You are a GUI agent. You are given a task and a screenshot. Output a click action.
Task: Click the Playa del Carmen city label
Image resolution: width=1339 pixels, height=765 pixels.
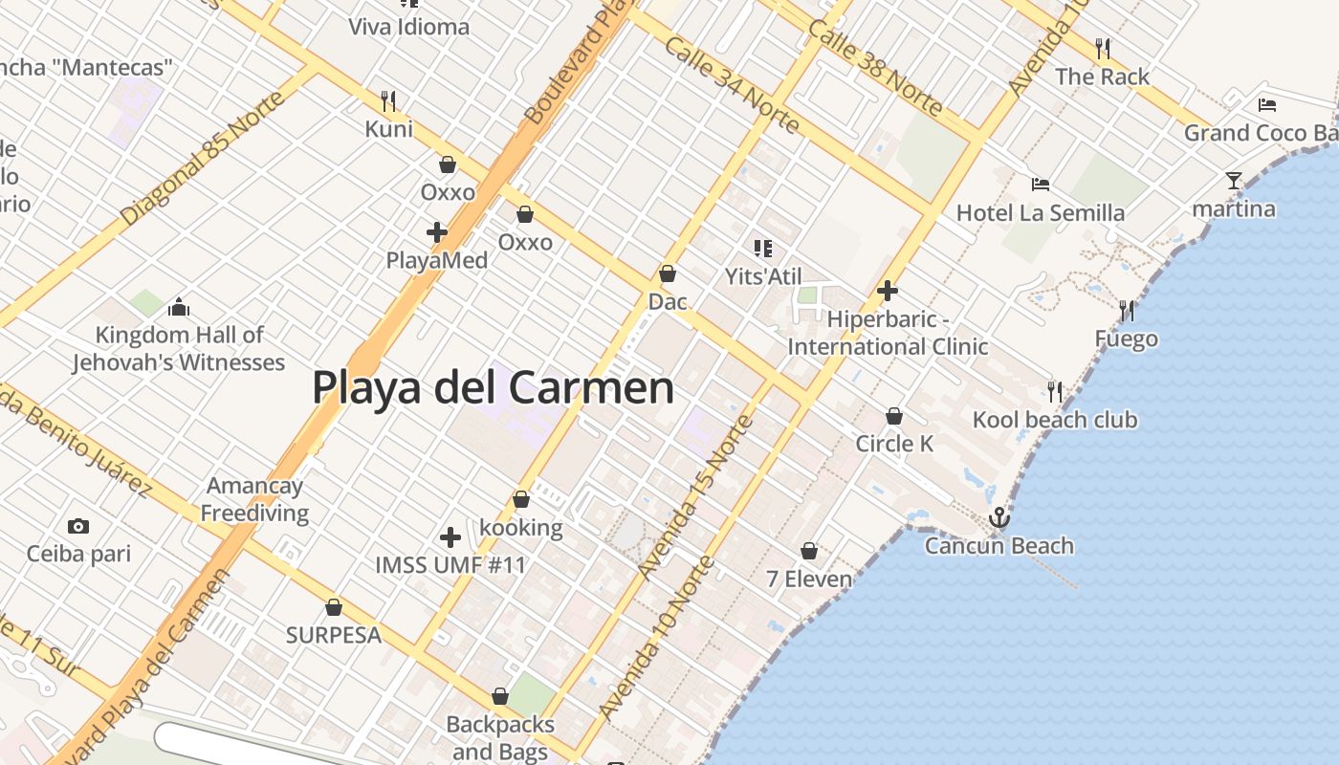[493, 388]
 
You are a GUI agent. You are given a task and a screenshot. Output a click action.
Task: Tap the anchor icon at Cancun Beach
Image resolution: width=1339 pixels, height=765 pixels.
[999, 518]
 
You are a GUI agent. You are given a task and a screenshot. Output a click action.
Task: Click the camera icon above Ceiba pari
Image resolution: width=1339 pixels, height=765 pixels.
[78, 526]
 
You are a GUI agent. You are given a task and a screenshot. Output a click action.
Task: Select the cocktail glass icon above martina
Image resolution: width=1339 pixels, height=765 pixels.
[1234, 180]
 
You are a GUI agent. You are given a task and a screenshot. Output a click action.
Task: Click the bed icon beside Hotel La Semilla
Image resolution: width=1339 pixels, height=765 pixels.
[1041, 185]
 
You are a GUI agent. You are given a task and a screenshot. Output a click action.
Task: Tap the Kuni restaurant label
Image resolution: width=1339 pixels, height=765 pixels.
[389, 129]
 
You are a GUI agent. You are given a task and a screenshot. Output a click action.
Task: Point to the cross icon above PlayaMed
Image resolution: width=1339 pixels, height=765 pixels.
[437, 232]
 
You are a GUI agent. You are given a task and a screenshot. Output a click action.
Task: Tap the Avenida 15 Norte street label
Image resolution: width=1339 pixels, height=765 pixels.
[695, 496]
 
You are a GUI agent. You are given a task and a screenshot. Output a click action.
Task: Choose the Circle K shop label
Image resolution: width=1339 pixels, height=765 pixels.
[894, 444]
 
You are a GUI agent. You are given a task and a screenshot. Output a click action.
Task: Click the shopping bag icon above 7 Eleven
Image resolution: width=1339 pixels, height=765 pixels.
[809, 552]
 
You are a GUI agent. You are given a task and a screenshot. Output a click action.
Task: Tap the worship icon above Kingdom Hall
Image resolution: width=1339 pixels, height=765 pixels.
[179, 307]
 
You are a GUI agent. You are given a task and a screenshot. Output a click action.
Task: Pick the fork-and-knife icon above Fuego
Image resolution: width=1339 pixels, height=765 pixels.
[1127, 311]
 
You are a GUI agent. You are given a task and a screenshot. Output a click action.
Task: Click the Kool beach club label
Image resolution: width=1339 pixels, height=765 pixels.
[1055, 420]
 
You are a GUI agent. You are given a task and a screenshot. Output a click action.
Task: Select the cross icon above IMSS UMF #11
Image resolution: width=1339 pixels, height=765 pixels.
[450, 537]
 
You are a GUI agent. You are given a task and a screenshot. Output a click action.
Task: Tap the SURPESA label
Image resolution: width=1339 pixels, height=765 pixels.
[334, 635]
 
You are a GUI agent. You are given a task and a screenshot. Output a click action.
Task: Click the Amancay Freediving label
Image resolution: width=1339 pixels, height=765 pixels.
[254, 499]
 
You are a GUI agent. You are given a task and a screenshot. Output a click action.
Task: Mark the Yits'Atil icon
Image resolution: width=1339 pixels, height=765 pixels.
[762, 250]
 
